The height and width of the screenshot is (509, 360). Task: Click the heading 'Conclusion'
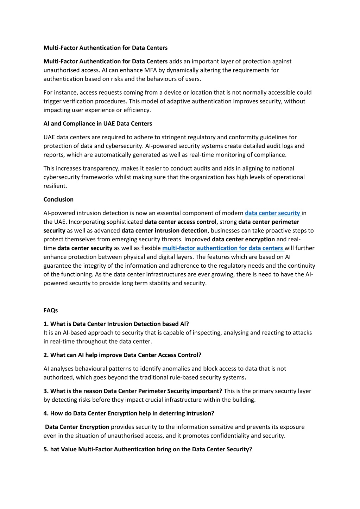(x=58, y=199)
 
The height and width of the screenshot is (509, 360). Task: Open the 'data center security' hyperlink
(x=272, y=213)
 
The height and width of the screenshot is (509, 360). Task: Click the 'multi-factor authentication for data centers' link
(x=223, y=248)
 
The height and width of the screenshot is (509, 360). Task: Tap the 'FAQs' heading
(x=51, y=310)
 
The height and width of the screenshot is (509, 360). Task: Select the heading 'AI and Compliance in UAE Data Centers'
(x=98, y=124)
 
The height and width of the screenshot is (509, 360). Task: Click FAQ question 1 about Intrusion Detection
(x=116, y=324)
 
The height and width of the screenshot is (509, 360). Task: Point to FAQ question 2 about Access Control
(x=122, y=355)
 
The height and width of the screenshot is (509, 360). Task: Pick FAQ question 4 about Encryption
(x=129, y=414)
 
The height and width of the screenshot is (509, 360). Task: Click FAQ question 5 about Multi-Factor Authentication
(x=148, y=450)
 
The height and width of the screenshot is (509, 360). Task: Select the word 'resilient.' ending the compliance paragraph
(x=55, y=186)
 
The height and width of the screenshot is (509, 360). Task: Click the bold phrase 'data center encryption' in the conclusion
(x=243, y=240)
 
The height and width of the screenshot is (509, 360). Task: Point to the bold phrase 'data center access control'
(x=180, y=222)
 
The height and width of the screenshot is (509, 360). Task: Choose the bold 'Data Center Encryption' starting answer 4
(x=77, y=427)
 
